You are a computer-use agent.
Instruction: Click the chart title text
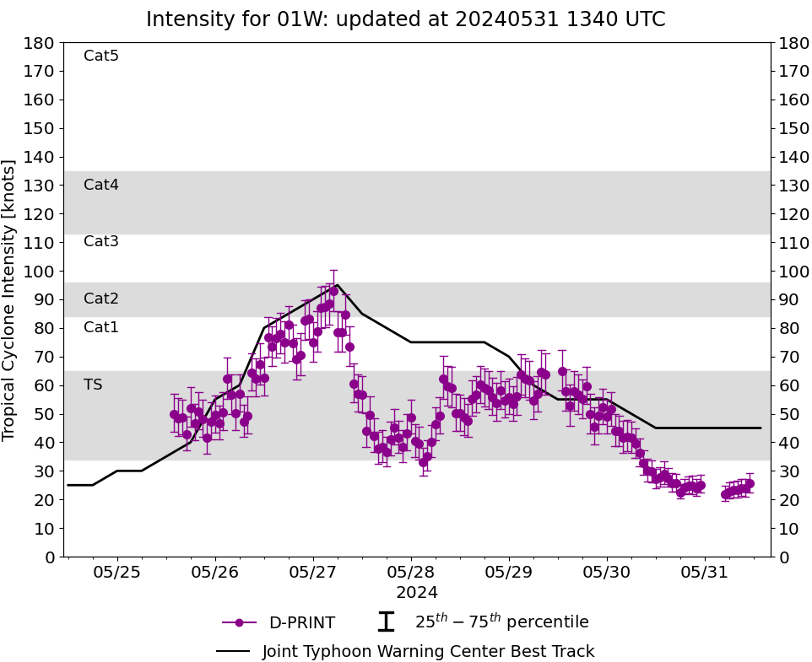click(405, 19)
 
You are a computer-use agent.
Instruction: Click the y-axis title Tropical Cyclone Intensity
click(10, 299)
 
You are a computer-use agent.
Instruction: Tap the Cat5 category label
click(101, 57)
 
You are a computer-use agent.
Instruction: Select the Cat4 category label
click(101, 185)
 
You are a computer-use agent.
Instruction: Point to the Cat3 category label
click(101, 242)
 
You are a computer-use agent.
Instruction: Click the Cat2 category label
click(101, 299)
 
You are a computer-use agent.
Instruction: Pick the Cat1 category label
click(101, 327)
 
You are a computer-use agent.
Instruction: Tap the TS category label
click(93, 385)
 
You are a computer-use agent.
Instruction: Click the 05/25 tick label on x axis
click(117, 573)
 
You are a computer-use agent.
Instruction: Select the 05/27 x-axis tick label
click(313, 573)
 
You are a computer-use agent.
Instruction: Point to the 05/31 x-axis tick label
click(705, 573)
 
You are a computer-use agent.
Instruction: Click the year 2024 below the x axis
click(411, 593)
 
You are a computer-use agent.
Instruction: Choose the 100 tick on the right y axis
click(792, 271)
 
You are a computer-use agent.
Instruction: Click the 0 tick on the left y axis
click(49, 557)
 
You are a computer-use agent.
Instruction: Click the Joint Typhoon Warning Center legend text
click(428, 652)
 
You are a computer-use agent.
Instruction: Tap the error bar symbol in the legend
click(386, 622)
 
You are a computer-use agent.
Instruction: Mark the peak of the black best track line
click(338, 285)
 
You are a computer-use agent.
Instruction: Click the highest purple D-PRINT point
click(333, 291)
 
